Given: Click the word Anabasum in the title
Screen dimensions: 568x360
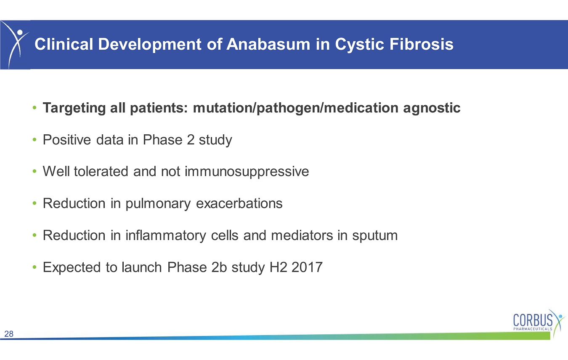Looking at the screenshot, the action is pyautogui.click(x=268, y=44).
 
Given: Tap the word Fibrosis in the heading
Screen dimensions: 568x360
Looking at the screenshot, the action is pyautogui.click(x=421, y=44).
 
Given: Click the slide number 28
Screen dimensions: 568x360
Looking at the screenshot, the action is pyautogui.click(x=9, y=334).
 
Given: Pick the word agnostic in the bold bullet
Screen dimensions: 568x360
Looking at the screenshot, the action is pyautogui.click(x=432, y=108).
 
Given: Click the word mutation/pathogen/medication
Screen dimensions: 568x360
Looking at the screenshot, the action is pyautogui.click(x=296, y=108).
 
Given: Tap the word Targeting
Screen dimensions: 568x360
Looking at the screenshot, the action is pyautogui.click(x=74, y=108).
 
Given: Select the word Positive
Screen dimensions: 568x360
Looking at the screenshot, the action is pyautogui.click(x=67, y=139).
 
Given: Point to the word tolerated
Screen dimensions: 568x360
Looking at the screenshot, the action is pyautogui.click(x=101, y=171).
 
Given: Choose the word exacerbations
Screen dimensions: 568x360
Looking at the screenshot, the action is pyautogui.click(x=239, y=203).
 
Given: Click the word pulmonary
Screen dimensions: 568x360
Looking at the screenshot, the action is pyautogui.click(x=158, y=204).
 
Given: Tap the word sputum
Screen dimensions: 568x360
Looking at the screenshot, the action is pyautogui.click(x=375, y=236).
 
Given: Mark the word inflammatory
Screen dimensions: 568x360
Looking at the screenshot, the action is pyautogui.click(x=166, y=236).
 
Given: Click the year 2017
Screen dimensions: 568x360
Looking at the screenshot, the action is pyautogui.click(x=307, y=267).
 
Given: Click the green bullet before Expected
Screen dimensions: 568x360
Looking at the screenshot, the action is pyautogui.click(x=35, y=267).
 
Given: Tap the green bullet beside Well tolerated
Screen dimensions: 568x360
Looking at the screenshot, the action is pyautogui.click(x=35, y=171).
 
